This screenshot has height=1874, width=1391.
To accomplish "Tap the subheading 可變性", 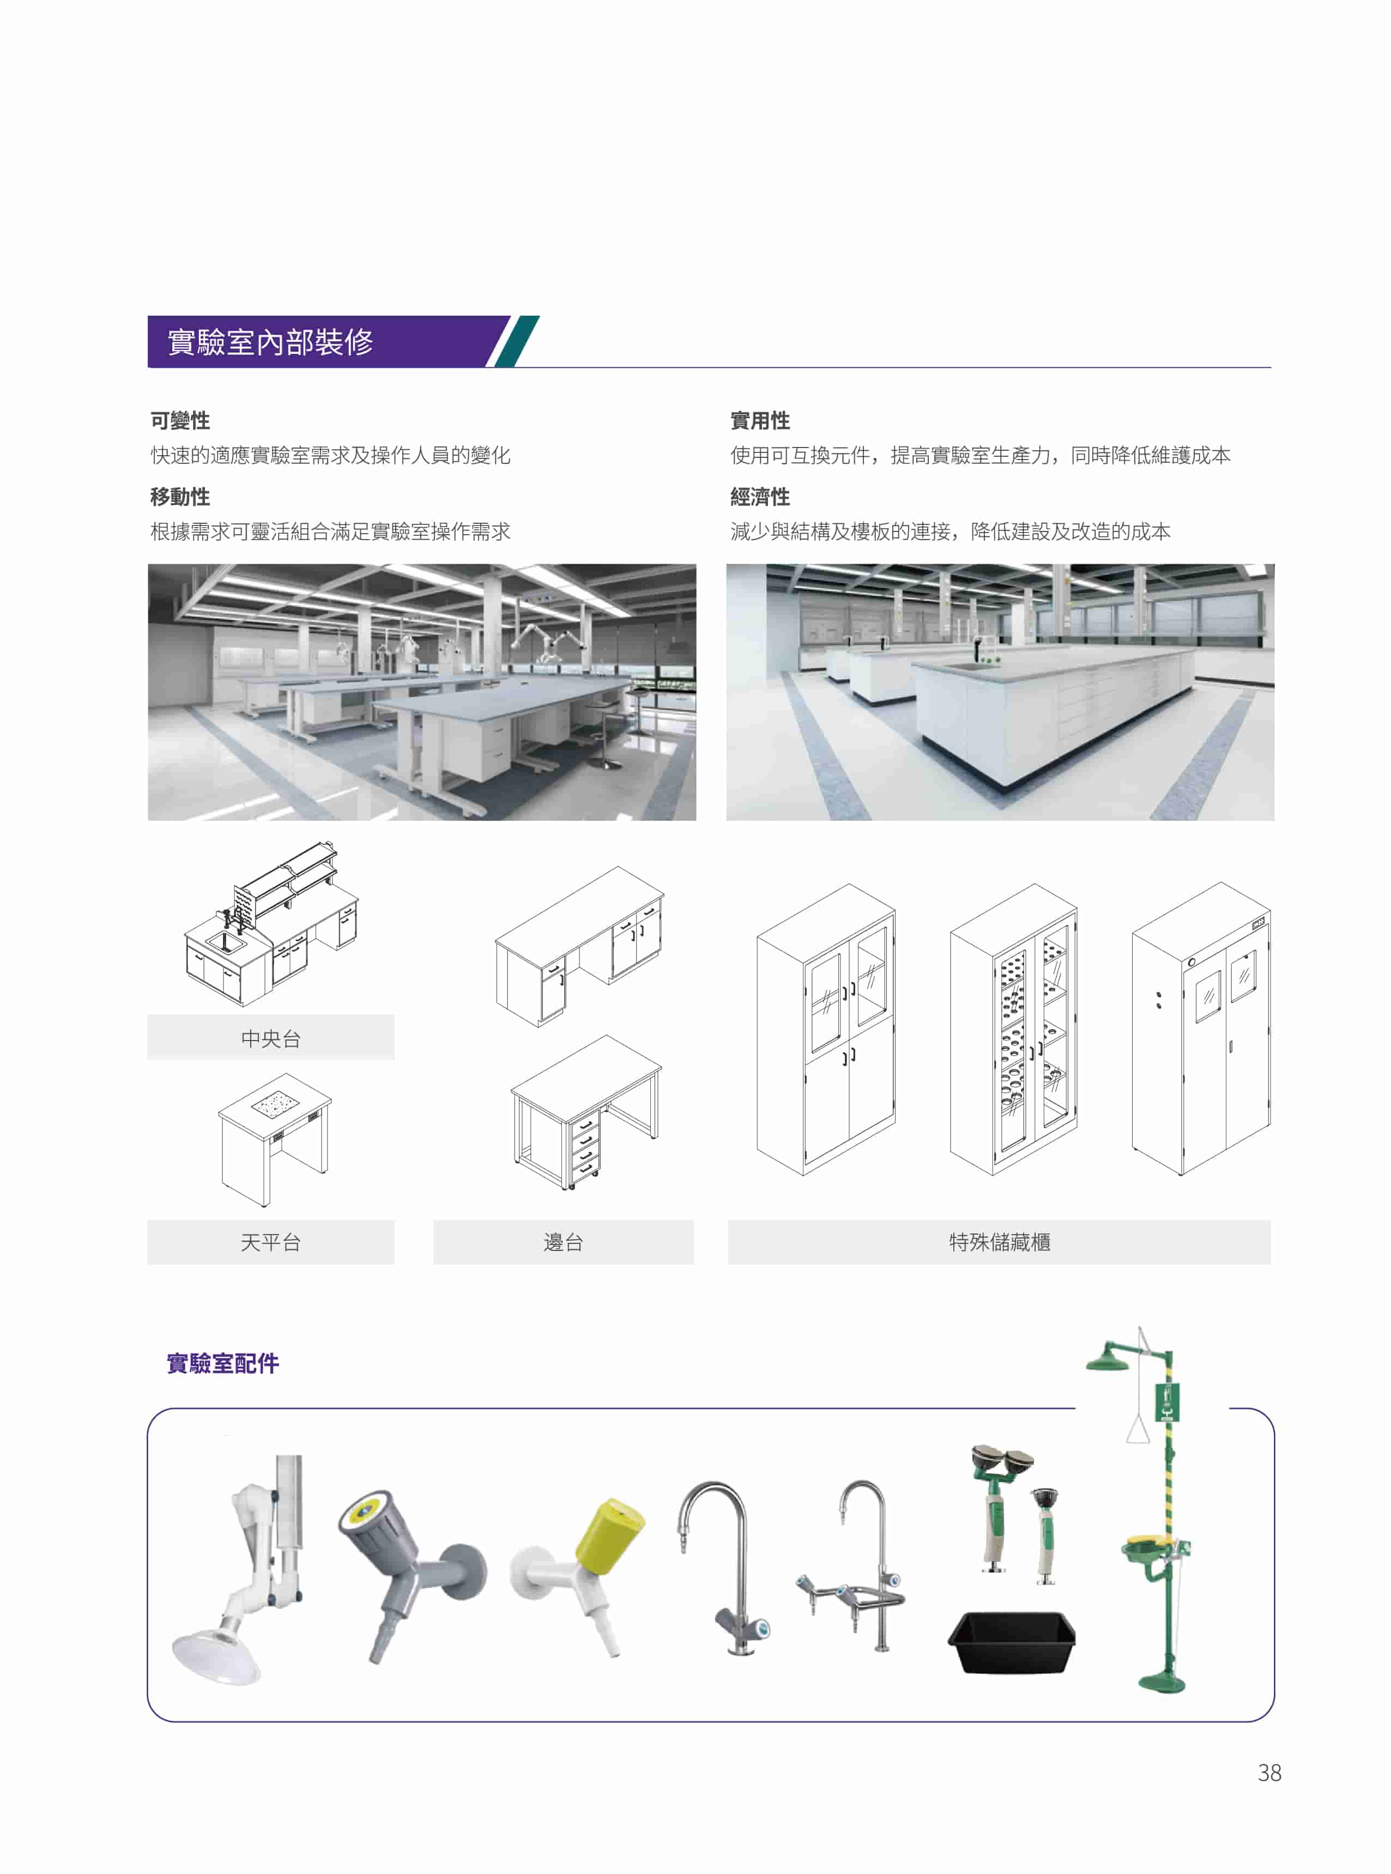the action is tap(180, 421).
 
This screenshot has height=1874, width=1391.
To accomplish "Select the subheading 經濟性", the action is tap(760, 497).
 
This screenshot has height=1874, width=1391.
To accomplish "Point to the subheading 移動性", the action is tap(180, 497).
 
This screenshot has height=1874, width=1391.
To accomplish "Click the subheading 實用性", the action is tap(760, 421).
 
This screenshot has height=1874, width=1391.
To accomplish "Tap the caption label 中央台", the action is tap(270, 1039).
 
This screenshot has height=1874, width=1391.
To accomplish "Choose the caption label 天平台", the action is tap(270, 1242).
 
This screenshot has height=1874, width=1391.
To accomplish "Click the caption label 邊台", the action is tap(563, 1242).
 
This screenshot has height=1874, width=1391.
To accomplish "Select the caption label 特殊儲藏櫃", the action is tap(1000, 1242).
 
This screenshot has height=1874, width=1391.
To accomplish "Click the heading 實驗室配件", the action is tap(223, 1364).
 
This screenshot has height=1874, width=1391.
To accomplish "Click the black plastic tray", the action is tap(1011, 1642).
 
